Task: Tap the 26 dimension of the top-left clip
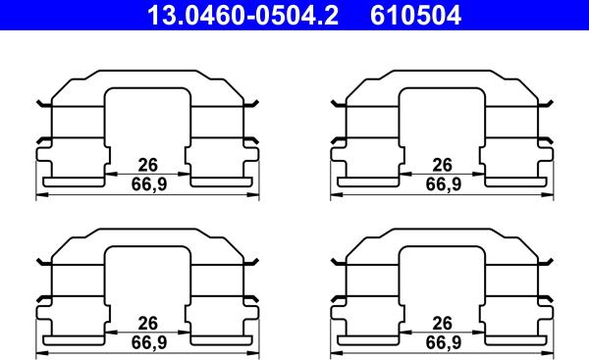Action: coord(147,165)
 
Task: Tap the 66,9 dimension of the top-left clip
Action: coord(147,183)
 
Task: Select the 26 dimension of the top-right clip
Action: coord(442,165)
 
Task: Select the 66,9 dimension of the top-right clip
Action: coord(442,183)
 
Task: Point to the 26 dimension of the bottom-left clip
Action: coord(147,324)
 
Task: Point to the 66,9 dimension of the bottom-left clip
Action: coord(147,342)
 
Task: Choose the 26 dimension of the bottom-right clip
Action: coord(442,324)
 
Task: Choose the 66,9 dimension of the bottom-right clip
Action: coord(442,342)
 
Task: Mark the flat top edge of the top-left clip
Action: coord(147,72)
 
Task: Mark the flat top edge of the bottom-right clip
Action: coord(442,231)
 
